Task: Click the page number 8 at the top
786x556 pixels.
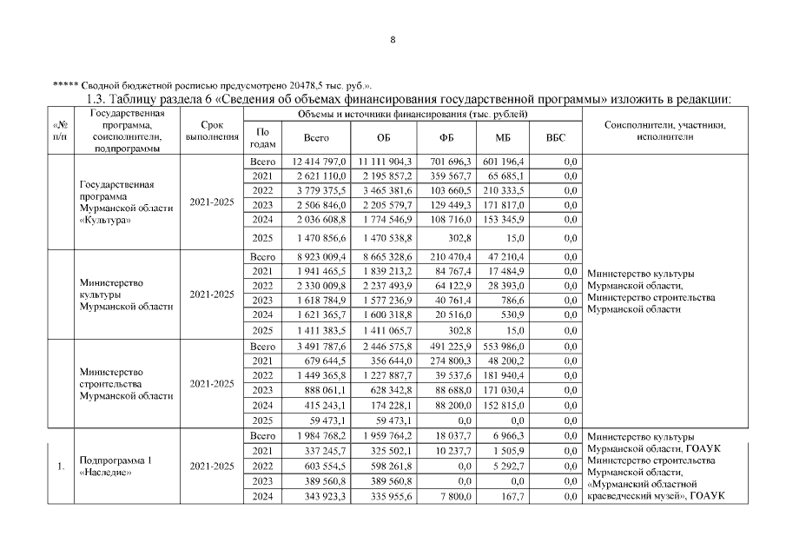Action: pos(393,40)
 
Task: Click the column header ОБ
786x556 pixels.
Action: pos(384,138)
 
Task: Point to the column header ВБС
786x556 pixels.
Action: pos(555,138)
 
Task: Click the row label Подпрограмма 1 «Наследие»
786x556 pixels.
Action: pos(116,467)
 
